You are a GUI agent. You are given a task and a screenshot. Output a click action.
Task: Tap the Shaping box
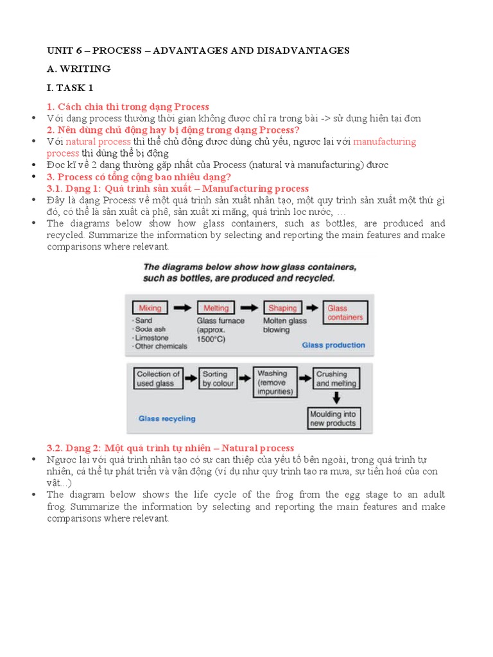point(282,308)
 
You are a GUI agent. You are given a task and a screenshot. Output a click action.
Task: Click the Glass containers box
point(345,312)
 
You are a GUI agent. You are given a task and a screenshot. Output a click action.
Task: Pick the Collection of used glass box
point(155,379)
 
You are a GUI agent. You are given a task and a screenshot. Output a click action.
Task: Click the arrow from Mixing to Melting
point(183,308)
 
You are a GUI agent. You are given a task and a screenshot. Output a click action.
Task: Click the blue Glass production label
point(333,345)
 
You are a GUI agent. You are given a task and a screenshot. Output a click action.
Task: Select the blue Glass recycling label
point(167,419)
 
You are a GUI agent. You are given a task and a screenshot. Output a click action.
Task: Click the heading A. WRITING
point(78,69)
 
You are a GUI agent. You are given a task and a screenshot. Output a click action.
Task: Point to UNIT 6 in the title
point(64,50)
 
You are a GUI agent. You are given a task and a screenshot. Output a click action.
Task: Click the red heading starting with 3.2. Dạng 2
point(170,448)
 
